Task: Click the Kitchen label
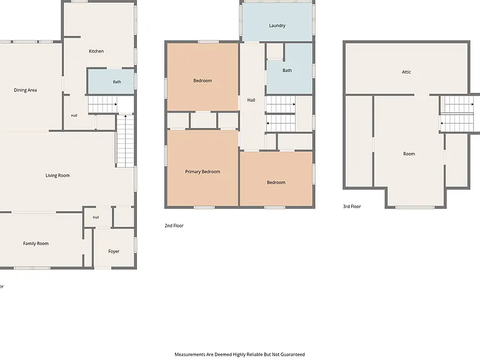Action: [x=96, y=51]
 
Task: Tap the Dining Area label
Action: [x=26, y=90]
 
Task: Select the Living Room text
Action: [x=57, y=176]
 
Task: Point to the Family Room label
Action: [x=36, y=243]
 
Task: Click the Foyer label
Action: [x=114, y=251]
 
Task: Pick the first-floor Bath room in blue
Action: [x=111, y=81]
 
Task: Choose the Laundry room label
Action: [x=277, y=26]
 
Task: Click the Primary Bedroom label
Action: [x=202, y=172]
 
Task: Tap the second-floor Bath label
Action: [x=287, y=71]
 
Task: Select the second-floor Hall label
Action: [x=251, y=100]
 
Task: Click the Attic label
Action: [x=406, y=72]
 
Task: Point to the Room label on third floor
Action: [x=409, y=154]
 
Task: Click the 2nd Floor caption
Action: [x=174, y=226]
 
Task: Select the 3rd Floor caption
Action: [x=352, y=206]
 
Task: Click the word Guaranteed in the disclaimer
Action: [x=292, y=354]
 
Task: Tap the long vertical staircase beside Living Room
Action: [x=126, y=141]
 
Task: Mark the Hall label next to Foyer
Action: [x=96, y=217]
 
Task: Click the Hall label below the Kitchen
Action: [x=74, y=116]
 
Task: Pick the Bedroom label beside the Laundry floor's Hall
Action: [x=202, y=81]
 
